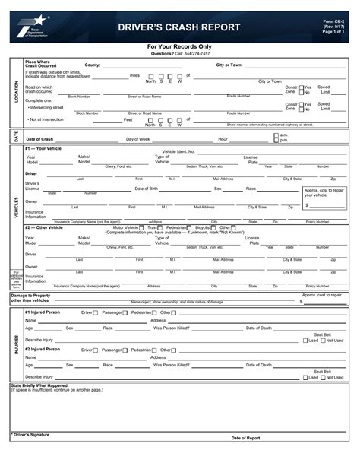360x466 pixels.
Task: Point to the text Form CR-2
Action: pyautogui.click(x=333, y=21)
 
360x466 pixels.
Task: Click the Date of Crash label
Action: pyautogui.click(x=39, y=139)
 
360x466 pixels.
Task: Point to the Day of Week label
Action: pyautogui.click(x=138, y=139)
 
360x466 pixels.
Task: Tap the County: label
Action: pyautogui.click(x=93, y=65)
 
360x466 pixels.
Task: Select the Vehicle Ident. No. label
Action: pyautogui.click(x=178, y=151)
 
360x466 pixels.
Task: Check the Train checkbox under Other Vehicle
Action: pyautogui.click(x=161, y=227)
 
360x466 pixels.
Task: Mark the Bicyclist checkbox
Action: pyautogui.click(x=214, y=227)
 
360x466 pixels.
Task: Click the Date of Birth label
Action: pyautogui.click(x=147, y=188)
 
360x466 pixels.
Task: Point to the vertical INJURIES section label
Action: pyautogui.click(x=15, y=344)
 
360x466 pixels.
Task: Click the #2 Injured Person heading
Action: pyautogui.click(x=43, y=349)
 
